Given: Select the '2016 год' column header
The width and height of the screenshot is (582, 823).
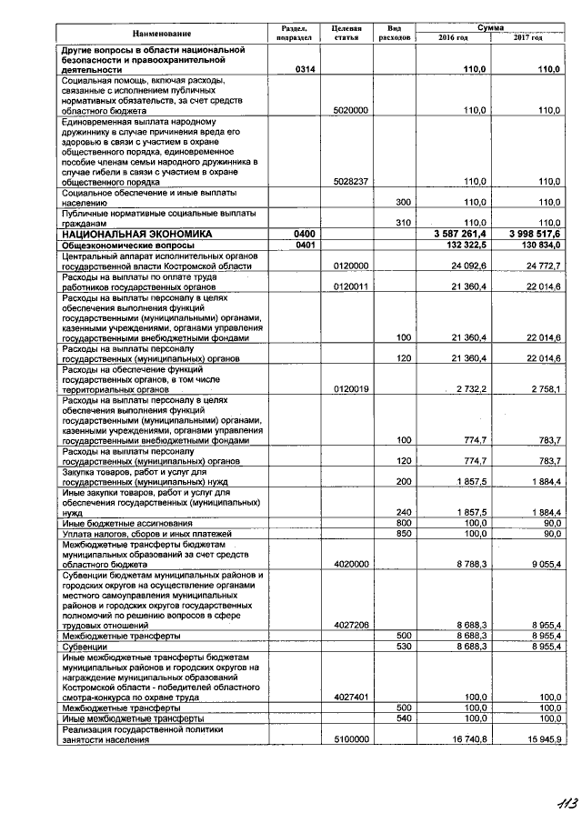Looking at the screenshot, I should click(x=452, y=38).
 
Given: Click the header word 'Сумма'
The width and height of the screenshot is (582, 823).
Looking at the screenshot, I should click(x=490, y=29).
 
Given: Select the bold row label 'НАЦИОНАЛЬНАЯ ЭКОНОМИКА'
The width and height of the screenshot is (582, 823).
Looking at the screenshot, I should click(x=135, y=234).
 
